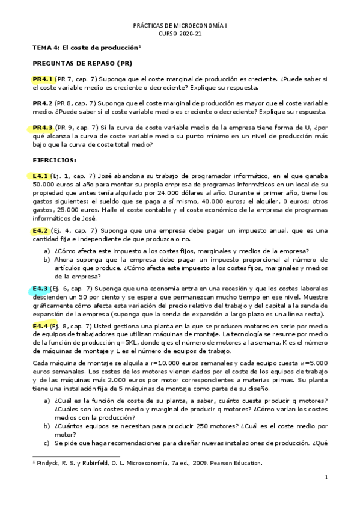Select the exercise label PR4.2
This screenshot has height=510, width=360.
43,103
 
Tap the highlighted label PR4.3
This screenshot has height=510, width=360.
43,127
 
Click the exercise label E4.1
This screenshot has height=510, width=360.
40,175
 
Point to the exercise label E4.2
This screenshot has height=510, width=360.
40,230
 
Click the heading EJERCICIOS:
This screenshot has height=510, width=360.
55,160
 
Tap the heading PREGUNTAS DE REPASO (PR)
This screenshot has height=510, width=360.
82,63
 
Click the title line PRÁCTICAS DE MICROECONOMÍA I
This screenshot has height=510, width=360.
180,27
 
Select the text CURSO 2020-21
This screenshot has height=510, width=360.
180,35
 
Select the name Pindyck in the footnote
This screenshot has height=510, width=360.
48,463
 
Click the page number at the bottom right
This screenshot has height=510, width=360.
325,478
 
